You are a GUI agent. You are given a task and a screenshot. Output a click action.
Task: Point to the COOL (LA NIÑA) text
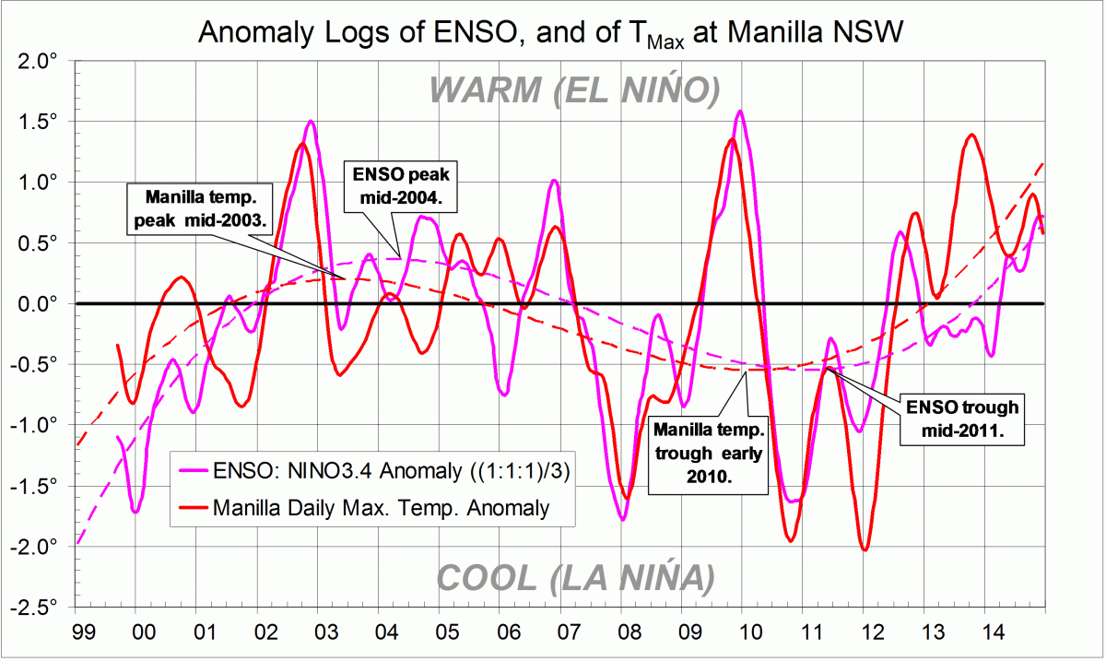coord(575,578)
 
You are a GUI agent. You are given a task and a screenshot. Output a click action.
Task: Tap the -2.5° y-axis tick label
coord(37,607)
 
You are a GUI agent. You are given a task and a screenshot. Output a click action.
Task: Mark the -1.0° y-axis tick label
coord(37,425)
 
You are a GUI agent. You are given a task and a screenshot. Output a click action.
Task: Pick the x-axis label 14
coord(985,635)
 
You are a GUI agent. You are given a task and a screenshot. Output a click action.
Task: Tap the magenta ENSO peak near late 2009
coord(740,112)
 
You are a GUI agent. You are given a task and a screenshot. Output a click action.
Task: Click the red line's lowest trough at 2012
coord(865,549)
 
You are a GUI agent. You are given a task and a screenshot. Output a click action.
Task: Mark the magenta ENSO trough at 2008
coord(623,519)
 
